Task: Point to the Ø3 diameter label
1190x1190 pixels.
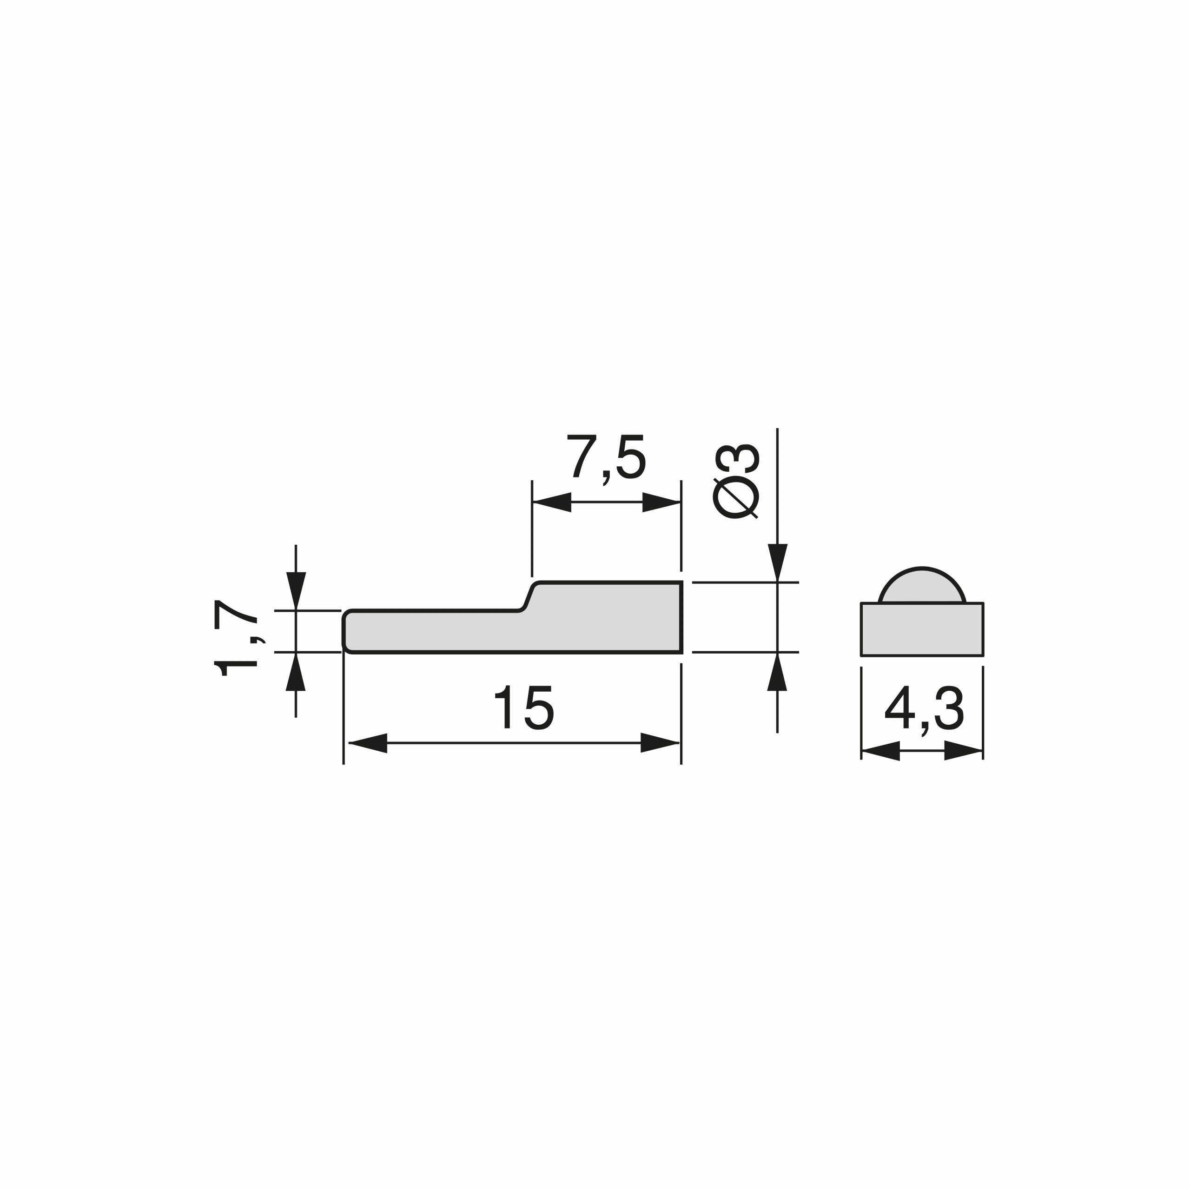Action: click(736, 481)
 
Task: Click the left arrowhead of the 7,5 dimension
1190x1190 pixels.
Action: click(552, 502)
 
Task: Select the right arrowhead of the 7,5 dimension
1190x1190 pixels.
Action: click(661, 502)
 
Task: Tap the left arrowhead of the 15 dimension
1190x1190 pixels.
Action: click(368, 743)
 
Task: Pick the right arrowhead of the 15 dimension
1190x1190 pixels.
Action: click(660, 743)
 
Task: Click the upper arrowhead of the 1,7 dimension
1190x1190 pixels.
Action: click(296, 591)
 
